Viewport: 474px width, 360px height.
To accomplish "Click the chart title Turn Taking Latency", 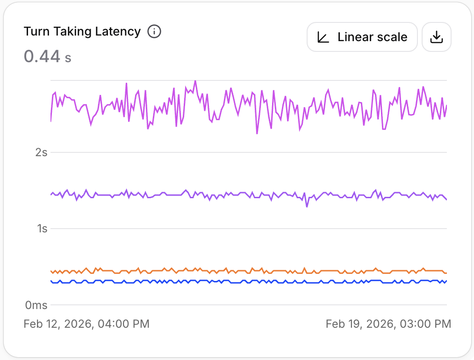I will pyautogui.click(x=82, y=31).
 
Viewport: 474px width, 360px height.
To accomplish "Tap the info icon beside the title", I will pyautogui.click(x=154, y=31).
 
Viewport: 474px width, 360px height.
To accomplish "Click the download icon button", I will pyautogui.click(x=436, y=37).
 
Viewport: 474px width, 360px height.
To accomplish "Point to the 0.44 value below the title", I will pyautogui.click(x=42, y=57).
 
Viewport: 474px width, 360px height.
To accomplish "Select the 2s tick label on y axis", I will pyautogui.click(x=42, y=152).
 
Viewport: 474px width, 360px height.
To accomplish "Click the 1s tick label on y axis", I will pyautogui.click(x=42, y=229).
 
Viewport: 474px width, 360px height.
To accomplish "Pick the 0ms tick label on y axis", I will pyautogui.click(x=36, y=305).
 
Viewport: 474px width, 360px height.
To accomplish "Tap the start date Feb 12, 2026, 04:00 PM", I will pyautogui.click(x=86, y=324).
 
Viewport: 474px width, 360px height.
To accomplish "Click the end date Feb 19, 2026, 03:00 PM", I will pyautogui.click(x=388, y=324).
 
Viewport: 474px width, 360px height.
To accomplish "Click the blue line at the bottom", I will pyautogui.click(x=234, y=282).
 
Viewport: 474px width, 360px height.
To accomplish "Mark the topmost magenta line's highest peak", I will pyautogui.click(x=195, y=81).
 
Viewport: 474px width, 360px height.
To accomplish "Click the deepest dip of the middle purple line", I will pyautogui.click(x=307, y=206).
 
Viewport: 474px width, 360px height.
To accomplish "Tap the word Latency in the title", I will pyautogui.click(x=119, y=31).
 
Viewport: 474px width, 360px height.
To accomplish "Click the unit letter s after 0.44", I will pyautogui.click(x=68, y=58).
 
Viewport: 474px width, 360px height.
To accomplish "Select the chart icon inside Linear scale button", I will pyautogui.click(x=323, y=37).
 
